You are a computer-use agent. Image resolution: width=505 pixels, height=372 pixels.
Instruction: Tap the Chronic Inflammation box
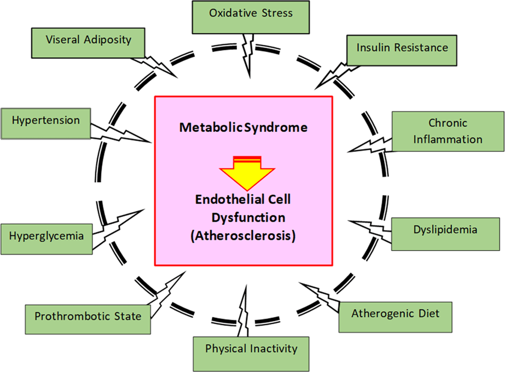click(448, 131)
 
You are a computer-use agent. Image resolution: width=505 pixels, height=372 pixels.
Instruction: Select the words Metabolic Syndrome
click(243, 127)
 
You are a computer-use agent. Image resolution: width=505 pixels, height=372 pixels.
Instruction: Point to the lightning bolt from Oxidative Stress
click(248, 55)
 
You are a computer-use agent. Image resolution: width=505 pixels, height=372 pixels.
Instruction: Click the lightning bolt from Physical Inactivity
click(243, 309)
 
